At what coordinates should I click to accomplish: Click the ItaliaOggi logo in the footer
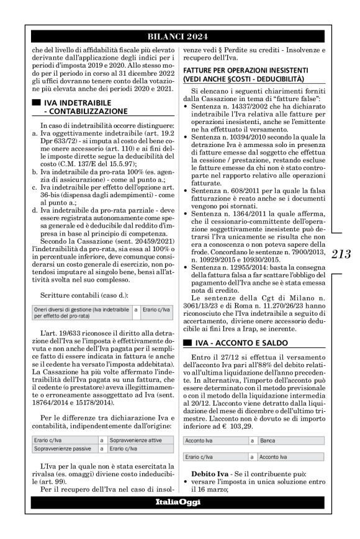(x=179, y=501)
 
